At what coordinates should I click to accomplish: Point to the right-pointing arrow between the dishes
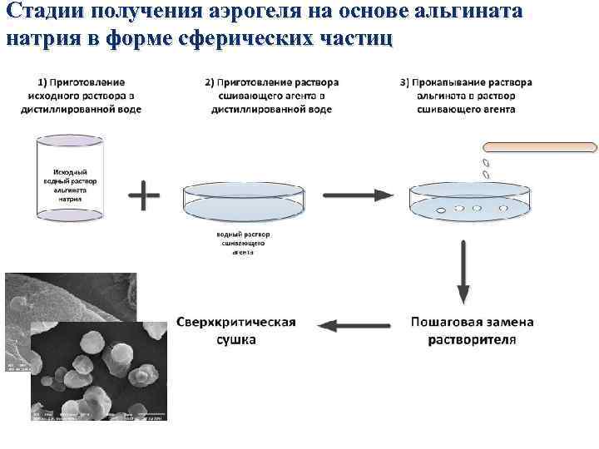point(358,195)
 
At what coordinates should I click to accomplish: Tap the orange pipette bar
point(540,148)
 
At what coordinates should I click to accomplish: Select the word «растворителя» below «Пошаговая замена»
point(473,339)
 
